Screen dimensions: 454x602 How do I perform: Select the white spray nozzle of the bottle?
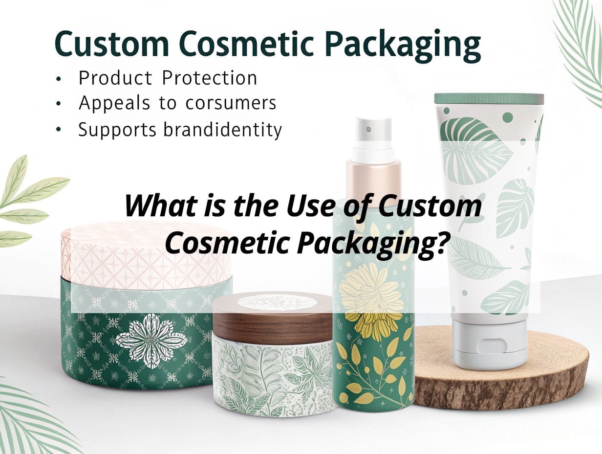click(373, 136)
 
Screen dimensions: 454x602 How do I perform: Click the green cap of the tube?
click(489, 99)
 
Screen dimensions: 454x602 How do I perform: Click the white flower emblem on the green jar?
click(151, 341)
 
